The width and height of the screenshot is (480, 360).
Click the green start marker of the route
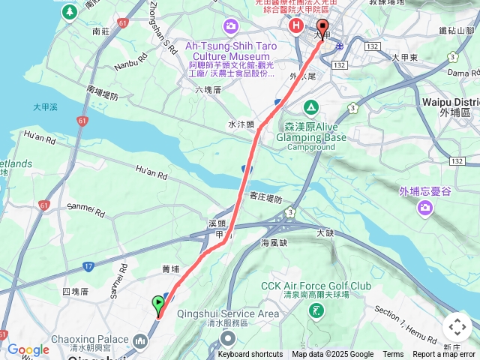(158, 304)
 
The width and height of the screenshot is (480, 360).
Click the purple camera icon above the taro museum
(231, 27)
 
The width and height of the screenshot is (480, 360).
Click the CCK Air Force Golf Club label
(316, 286)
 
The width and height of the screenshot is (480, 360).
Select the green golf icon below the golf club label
(316, 308)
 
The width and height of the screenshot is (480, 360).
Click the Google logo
(28, 349)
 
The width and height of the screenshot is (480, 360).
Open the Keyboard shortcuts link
(250, 355)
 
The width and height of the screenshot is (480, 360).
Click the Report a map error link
(444, 355)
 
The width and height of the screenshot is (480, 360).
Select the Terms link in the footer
(393, 355)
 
